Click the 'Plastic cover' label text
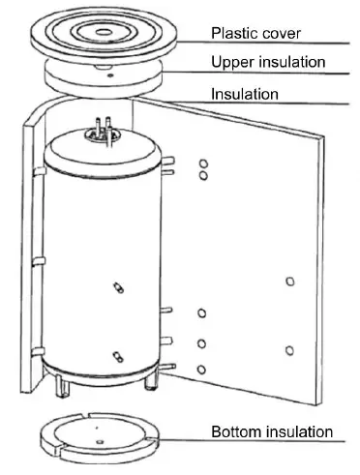click(x=256, y=33)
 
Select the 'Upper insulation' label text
click(x=268, y=63)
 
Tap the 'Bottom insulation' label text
click(x=272, y=431)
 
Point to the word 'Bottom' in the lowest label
click(x=236, y=431)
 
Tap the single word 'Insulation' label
click(x=246, y=94)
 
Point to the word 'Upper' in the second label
click(x=232, y=63)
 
